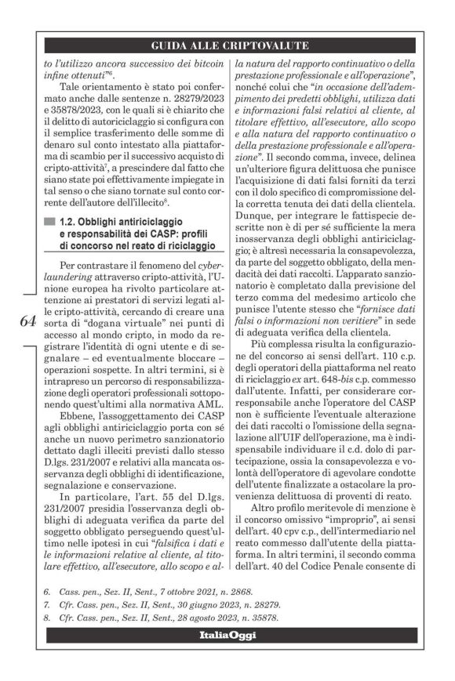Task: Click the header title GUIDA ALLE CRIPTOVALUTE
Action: (227, 46)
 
